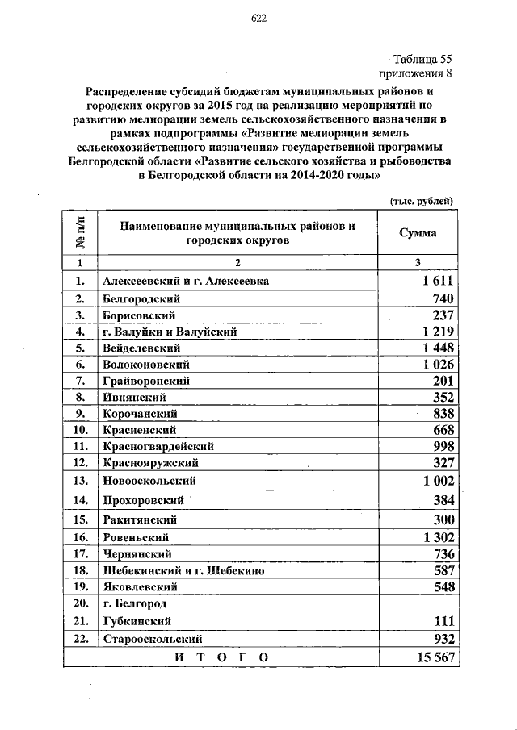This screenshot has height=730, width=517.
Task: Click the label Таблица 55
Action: pos(422,60)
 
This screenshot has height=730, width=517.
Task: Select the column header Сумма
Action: pos(418,233)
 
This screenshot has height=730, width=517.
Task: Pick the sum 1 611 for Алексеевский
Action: pos(439,282)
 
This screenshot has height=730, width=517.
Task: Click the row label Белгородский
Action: pos(135,298)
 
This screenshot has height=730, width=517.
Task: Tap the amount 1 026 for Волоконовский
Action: pos(439,364)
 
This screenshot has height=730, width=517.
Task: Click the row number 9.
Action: pos(80,413)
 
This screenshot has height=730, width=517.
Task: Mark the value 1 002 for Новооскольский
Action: pos(439,480)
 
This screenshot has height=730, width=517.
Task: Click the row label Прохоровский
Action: pos(139,500)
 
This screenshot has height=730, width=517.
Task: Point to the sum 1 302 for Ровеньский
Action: pos(439,537)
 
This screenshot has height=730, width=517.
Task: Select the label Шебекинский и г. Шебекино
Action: pos(183,570)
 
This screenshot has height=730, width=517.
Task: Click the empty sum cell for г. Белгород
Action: pos(418,603)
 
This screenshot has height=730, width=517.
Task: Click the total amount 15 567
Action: pos(435,657)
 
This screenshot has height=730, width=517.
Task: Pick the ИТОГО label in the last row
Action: pos(221,657)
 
